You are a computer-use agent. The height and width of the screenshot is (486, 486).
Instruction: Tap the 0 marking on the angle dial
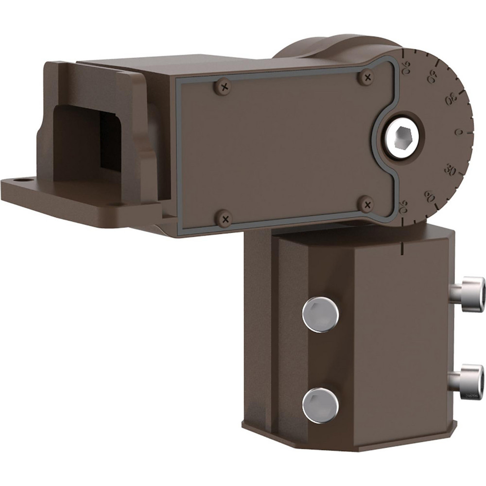point(458,132)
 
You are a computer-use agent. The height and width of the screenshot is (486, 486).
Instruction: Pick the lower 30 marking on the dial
point(451,170)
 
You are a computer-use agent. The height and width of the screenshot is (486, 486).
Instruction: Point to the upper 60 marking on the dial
point(431,77)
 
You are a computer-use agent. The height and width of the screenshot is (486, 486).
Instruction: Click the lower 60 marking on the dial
point(430,195)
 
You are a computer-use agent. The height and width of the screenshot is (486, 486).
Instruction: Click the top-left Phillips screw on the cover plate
point(224,87)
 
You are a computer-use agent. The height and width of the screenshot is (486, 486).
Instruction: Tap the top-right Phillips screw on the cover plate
point(367,76)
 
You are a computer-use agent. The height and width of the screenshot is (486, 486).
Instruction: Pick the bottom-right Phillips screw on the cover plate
point(368,204)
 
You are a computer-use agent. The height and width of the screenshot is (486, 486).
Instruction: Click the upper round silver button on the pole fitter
point(320,314)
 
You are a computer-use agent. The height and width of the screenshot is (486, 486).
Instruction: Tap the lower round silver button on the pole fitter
point(320,405)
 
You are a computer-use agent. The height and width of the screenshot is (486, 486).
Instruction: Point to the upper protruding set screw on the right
point(468,290)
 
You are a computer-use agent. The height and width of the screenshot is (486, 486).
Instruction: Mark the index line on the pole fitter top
point(403,248)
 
